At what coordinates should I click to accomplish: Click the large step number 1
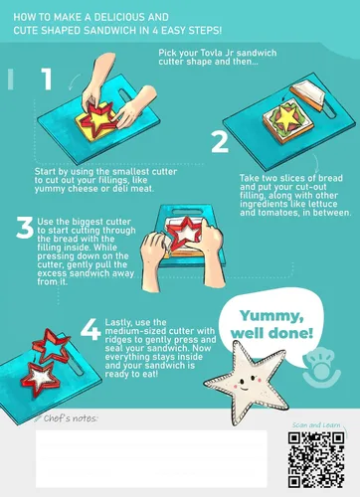[47, 79]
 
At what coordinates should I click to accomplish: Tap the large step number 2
[220, 142]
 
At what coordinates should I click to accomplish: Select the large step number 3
[25, 228]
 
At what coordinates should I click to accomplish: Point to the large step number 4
[90, 330]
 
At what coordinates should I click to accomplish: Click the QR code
[316, 459]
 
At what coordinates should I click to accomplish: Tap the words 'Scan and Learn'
[316, 424]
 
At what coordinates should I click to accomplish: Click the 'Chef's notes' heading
[71, 418]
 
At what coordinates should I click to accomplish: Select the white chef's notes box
[151, 459]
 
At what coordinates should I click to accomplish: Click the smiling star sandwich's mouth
[244, 388]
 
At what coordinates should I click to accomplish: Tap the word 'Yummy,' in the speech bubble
[271, 317]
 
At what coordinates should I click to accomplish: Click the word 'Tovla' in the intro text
[212, 53]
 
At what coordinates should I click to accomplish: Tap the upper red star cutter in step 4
[51, 345]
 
